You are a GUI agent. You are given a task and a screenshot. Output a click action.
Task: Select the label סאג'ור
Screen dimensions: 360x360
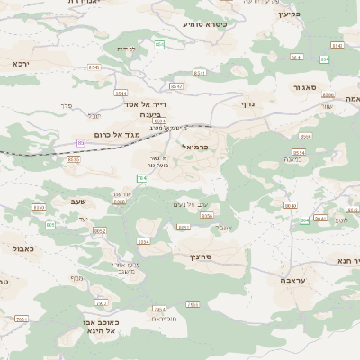304,87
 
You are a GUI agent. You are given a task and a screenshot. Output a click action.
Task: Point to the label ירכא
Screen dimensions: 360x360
21,64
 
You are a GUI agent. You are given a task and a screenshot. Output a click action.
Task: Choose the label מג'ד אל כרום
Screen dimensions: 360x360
105,134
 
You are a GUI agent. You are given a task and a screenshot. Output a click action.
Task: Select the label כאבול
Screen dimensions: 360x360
24,247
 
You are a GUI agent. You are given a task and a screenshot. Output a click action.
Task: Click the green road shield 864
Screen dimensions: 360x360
159,43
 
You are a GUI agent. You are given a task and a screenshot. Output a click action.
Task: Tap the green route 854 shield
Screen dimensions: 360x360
325,58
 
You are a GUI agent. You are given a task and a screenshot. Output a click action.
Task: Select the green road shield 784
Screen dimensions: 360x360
141,179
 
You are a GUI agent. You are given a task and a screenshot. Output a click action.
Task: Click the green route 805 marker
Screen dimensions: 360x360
50,224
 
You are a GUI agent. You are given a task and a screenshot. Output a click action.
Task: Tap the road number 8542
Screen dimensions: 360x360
176,86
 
